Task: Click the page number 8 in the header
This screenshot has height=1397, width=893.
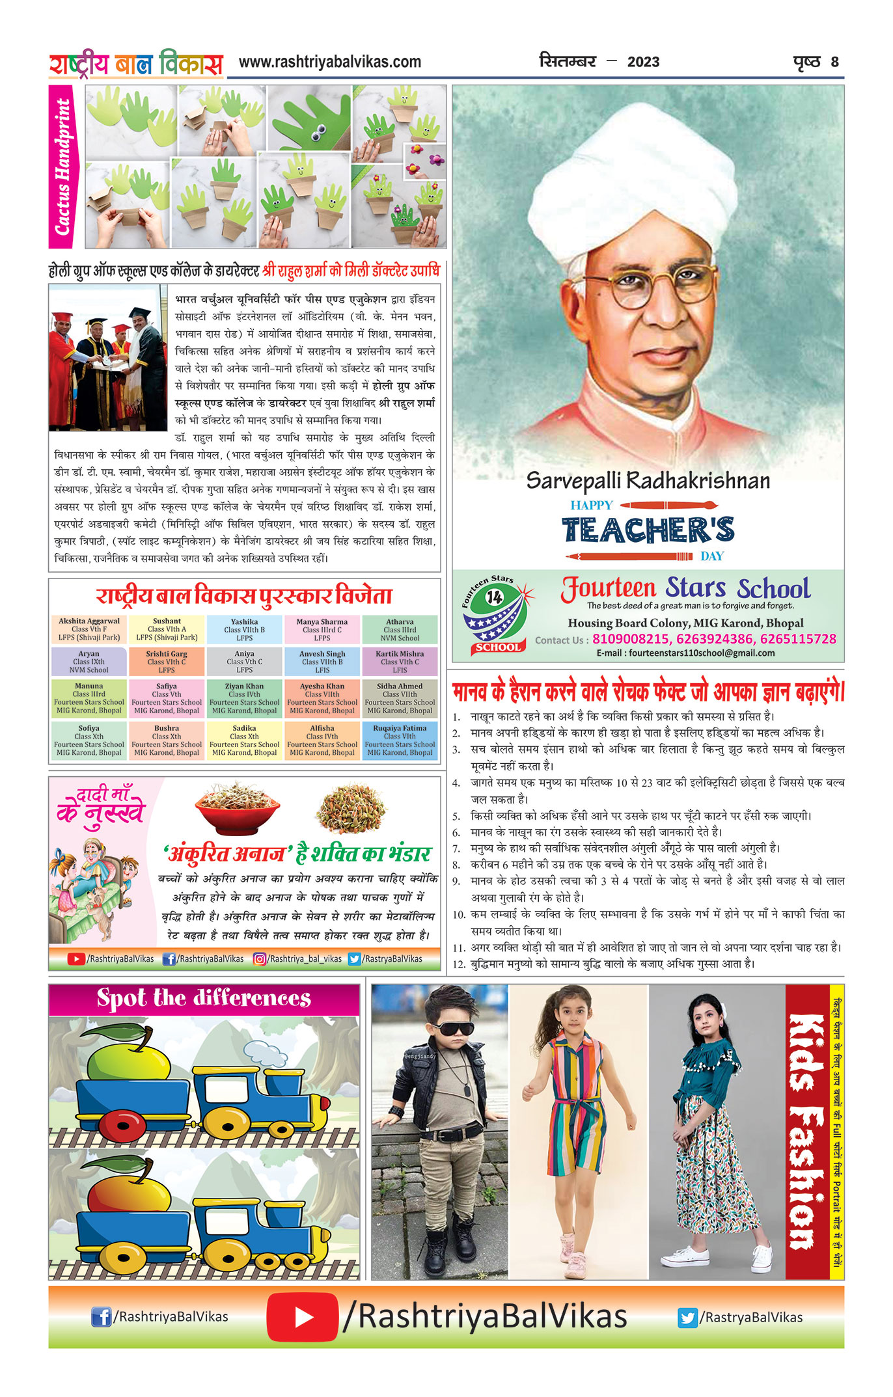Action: pyautogui.click(x=834, y=62)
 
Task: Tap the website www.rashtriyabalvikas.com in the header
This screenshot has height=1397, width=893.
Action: pyautogui.click(x=330, y=62)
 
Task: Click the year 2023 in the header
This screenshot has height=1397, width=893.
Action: pyautogui.click(x=643, y=62)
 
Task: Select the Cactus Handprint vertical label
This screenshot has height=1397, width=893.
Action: pyautogui.click(x=62, y=167)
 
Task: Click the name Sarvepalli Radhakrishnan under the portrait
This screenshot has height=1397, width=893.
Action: pyautogui.click(x=648, y=481)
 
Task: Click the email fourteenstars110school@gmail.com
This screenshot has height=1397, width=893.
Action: pyautogui.click(x=685, y=653)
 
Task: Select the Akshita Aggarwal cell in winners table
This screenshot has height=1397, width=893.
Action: pyautogui.click(x=89, y=629)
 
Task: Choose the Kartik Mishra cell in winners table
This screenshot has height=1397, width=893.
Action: pyautogui.click(x=400, y=661)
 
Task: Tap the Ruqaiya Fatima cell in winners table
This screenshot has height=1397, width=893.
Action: pyautogui.click(x=400, y=740)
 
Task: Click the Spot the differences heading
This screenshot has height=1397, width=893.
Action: pyautogui.click(x=204, y=998)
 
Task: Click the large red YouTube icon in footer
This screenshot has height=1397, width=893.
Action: pyautogui.click(x=302, y=1317)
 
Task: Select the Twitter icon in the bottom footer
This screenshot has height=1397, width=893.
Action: pyautogui.click(x=687, y=1318)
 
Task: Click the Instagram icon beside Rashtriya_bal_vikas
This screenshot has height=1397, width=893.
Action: pyautogui.click(x=259, y=958)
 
